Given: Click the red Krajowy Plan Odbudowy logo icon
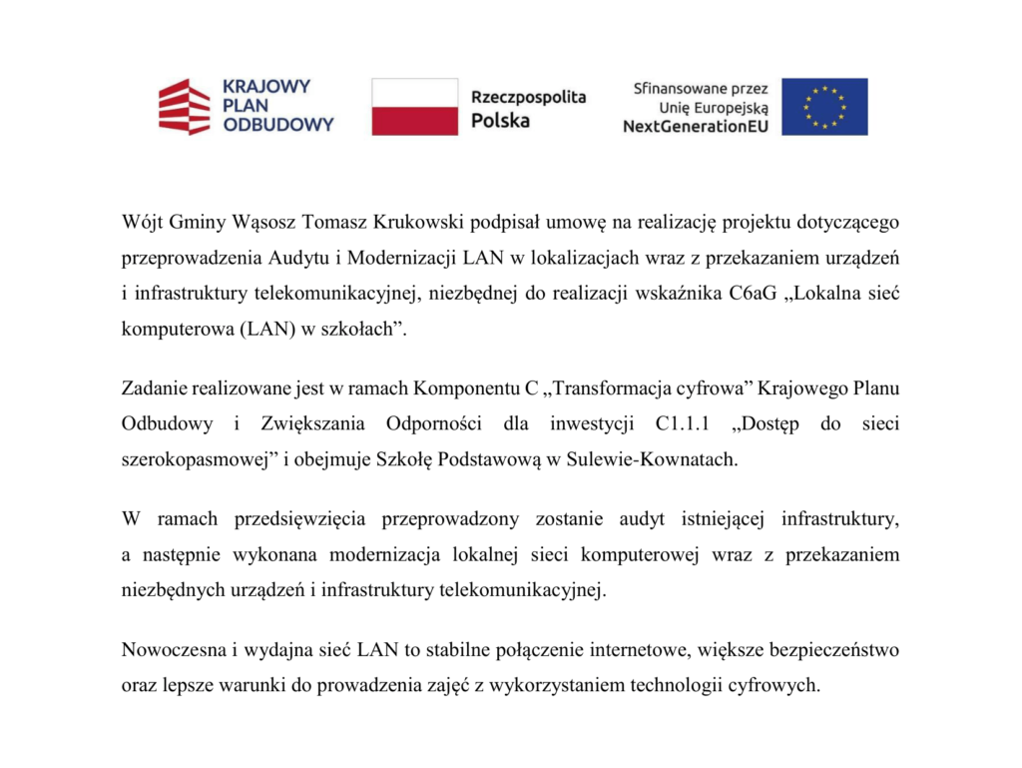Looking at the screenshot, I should (x=185, y=107).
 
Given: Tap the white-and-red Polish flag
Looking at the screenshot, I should (x=415, y=107).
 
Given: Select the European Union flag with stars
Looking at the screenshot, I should (x=824, y=107).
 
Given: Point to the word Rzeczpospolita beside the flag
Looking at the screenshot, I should (x=528, y=97).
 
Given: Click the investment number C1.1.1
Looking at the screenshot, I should (x=682, y=424).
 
